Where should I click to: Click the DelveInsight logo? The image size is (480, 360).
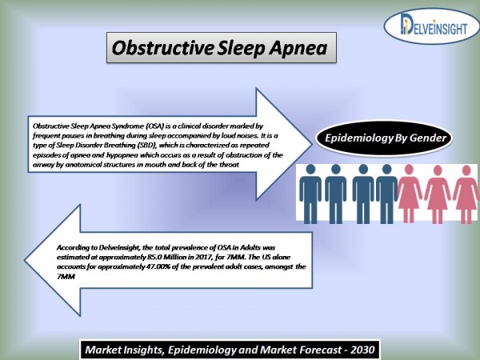pyautogui.click(x=431, y=26)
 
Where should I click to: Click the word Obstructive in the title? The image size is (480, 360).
pyautogui.click(x=163, y=48)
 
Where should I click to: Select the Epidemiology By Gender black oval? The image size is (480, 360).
pyautogui.click(x=385, y=138)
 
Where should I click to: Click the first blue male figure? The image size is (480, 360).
pyautogui.click(x=310, y=194)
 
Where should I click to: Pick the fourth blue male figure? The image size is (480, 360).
pyautogui.click(x=387, y=194)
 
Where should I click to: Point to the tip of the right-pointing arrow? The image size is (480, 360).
pyautogui.click(x=311, y=144)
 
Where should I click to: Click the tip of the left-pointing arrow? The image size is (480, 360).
pyautogui.click(x=25, y=260)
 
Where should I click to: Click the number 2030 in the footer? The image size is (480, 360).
pyautogui.click(x=363, y=350)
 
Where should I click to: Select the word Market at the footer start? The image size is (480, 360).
pyautogui.click(x=102, y=350)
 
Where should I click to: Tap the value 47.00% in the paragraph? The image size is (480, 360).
pyautogui.click(x=158, y=266)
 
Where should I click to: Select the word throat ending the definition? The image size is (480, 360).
pyautogui.click(x=230, y=165)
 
